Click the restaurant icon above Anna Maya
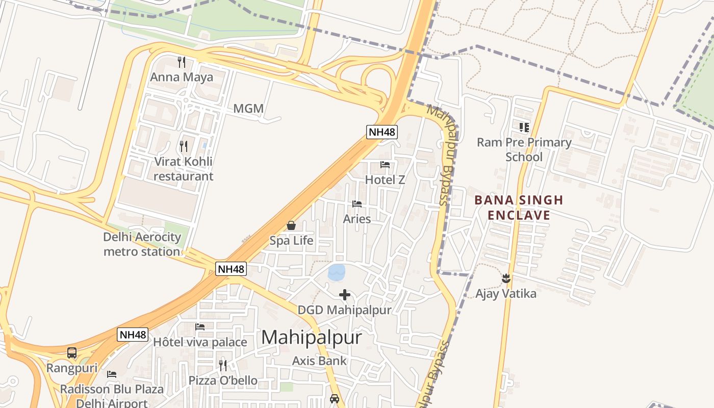[181, 62]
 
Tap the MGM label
[248, 109]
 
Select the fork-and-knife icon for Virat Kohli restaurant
[184, 146]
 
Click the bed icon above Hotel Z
[385, 165]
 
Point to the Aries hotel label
[356, 219]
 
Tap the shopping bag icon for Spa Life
[291, 225]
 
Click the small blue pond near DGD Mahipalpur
[337, 272]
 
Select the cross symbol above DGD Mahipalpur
[345, 295]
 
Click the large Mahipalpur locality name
[312, 337]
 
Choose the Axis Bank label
[319, 361]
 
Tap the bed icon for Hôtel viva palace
[200, 327]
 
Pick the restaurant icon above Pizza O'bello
[223, 365]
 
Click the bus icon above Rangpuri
[72, 353]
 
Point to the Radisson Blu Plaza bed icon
[112, 374]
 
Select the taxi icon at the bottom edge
[335, 399]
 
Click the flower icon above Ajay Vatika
[506, 278]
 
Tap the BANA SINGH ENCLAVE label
[519, 208]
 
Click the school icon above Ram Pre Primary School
[524, 127]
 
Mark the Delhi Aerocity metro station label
[142, 244]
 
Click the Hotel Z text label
[385, 180]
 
